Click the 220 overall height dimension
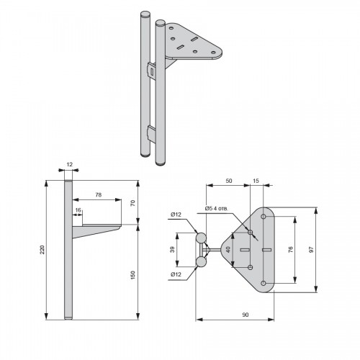[42, 250]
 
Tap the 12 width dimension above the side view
[69, 164]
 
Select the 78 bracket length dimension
[99, 194]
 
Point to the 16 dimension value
[78, 210]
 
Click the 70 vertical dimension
[132, 203]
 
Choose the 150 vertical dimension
[132, 275]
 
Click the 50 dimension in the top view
[229, 181]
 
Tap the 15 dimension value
[256, 181]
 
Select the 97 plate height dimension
[312, 249]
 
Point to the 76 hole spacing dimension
[291, 249]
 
